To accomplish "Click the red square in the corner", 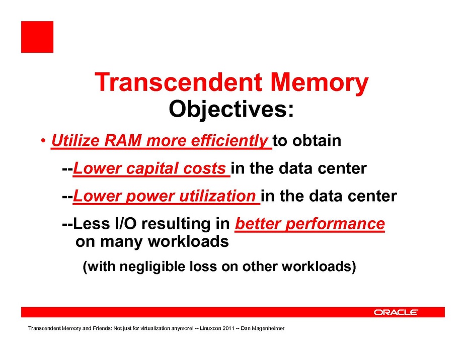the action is click(x=37, y=37).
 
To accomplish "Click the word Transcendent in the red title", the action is click(x=178, y=82).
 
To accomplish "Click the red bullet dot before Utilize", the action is click(x=43, y=140).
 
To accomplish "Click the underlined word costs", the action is click(x=204, y=169).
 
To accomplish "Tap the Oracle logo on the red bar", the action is click(x=396, y=312).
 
